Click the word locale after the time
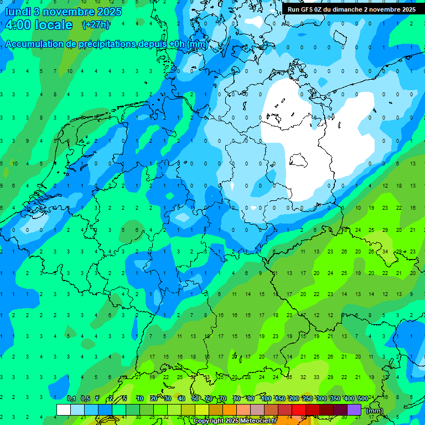click(54, 25)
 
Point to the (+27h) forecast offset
click(96, 25)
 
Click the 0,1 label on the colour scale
click(71, 398)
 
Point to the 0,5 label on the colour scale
click(85, 398)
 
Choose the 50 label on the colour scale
click(195, 398)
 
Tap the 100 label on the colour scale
click(266, 398)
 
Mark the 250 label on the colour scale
click(307, 398)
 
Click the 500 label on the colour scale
click(363, 398)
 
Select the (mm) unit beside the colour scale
click(375, 411)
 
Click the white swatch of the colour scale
click(64, 410)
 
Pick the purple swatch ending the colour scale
click(354, 410)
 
